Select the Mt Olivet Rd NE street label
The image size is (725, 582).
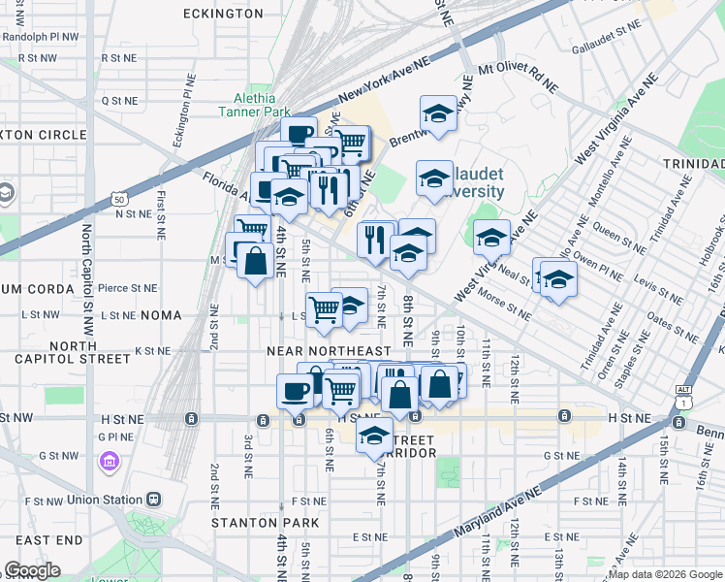tap(519, 78)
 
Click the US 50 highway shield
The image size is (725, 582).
tap(118, 199)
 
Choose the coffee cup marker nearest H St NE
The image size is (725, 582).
tap(296, 392)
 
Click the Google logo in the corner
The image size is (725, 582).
tap(31, 570)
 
